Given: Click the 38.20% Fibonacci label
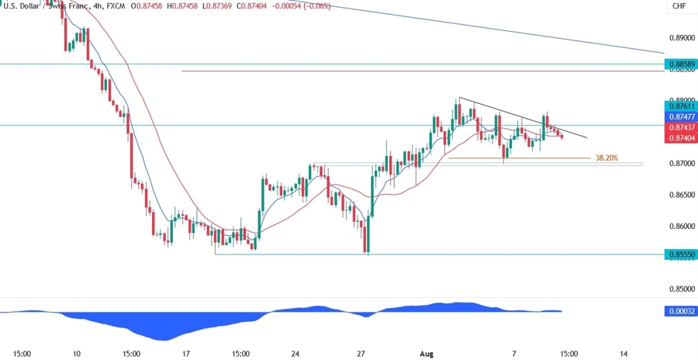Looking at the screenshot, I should [606, 157].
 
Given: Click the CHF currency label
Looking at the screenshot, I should [679, 6].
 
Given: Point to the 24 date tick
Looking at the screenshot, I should [295, 354].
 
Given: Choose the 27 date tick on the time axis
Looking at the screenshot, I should [361, 354].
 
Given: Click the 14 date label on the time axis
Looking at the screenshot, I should [624, 354].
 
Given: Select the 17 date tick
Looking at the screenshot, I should [186, 354].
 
